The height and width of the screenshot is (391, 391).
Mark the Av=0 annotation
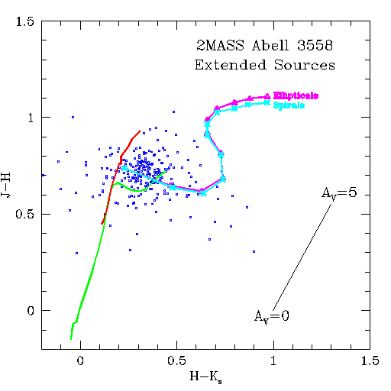(x=271, y=317)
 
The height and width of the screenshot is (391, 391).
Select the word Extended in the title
(x=227, y=66)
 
